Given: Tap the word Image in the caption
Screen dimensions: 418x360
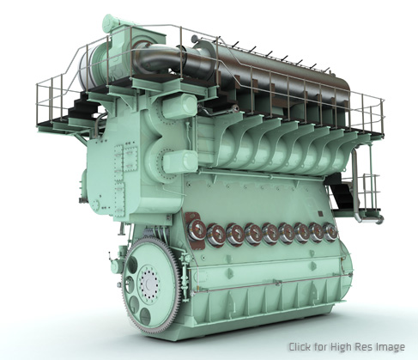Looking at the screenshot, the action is [391, 347].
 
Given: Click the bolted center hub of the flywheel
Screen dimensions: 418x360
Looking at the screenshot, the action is [148, 284].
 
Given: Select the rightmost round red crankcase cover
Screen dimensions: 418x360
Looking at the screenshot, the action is [330, 232].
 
